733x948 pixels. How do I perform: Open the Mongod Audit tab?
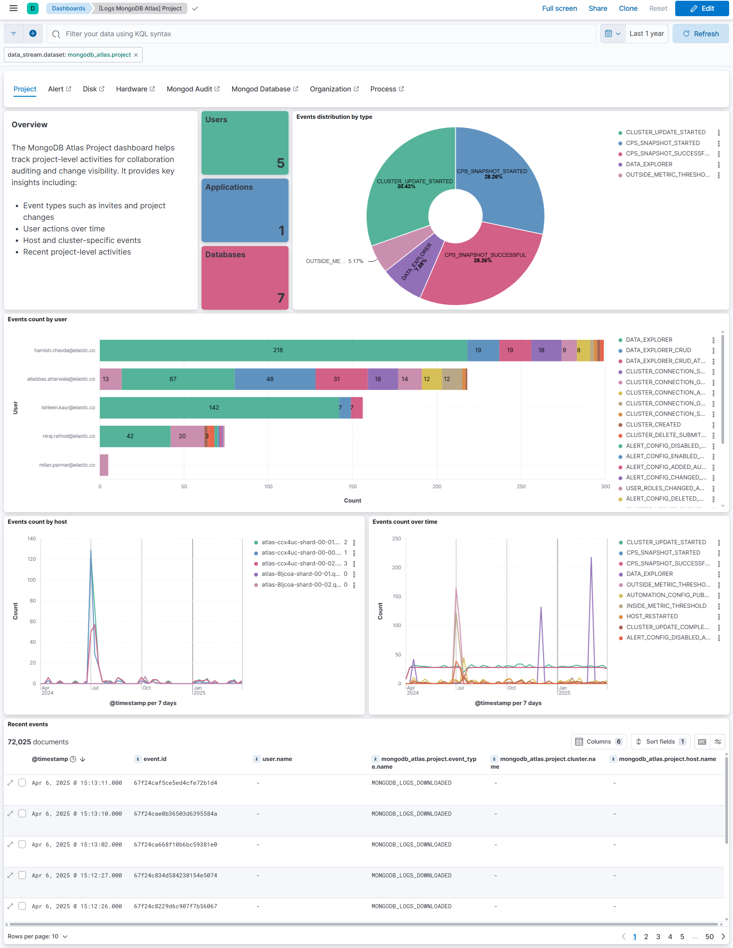[193, 89]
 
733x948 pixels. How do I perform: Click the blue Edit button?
[701, 8]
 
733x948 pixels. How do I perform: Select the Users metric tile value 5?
[280, 163]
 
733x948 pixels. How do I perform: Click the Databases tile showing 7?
[245, 278]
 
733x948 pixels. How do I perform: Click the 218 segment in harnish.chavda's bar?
[278, 350]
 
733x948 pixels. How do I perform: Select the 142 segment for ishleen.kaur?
[214, 408]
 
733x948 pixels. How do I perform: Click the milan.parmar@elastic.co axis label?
[67, 465]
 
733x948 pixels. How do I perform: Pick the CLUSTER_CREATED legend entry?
[653, 425]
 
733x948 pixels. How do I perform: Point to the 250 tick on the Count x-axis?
[521, 487]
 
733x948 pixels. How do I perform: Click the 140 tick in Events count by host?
[31, 539]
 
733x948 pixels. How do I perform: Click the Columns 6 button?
[599, 742]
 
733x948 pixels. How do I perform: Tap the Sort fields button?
[660, 742]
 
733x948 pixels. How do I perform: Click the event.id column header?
[155, 759]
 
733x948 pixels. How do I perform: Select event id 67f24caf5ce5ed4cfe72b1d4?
[175, 783]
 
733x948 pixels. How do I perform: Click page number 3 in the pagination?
[658, 937]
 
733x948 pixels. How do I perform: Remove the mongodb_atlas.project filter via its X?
[136, 55]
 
